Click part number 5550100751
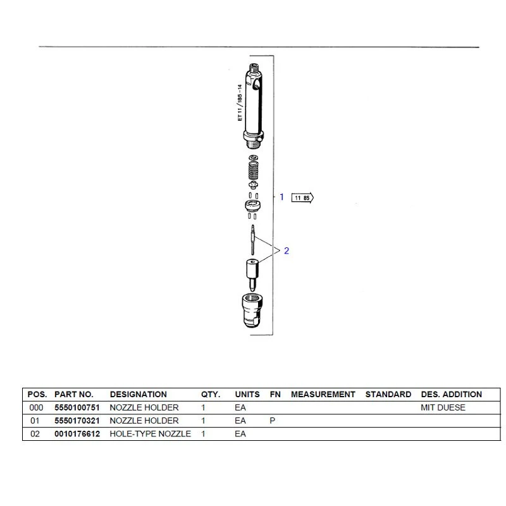[x=77, y=407]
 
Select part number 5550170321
[x=77, y=421]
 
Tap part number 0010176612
[x=77, y=434]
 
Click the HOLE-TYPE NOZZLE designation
[x=151, y=434]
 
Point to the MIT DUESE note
[x=443, y=407]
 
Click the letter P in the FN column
[x=273, y=421]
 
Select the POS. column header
[x=37, y=394]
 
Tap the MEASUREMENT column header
[x=323, y=394]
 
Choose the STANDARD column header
[x=388, y=394]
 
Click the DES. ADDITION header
[x=452, y=394]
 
